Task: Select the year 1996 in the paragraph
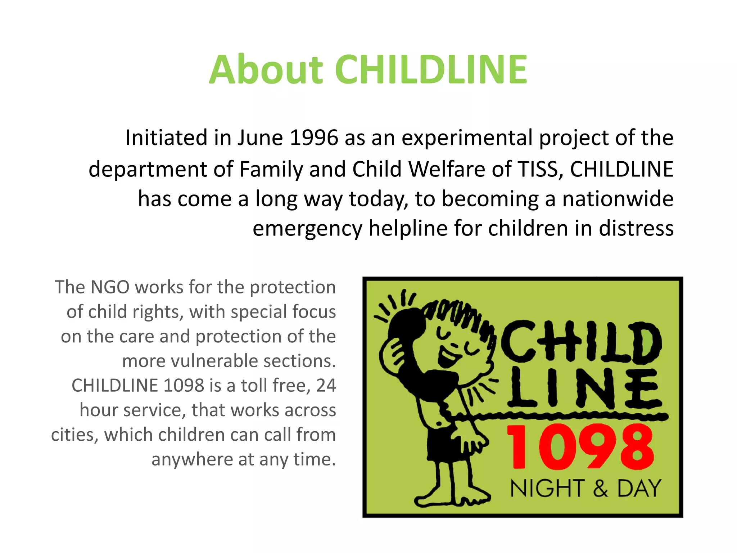314,138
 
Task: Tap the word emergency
307,229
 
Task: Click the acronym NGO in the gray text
110,287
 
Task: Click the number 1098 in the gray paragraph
184,385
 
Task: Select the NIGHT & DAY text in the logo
585,489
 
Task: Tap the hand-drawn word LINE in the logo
585,389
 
